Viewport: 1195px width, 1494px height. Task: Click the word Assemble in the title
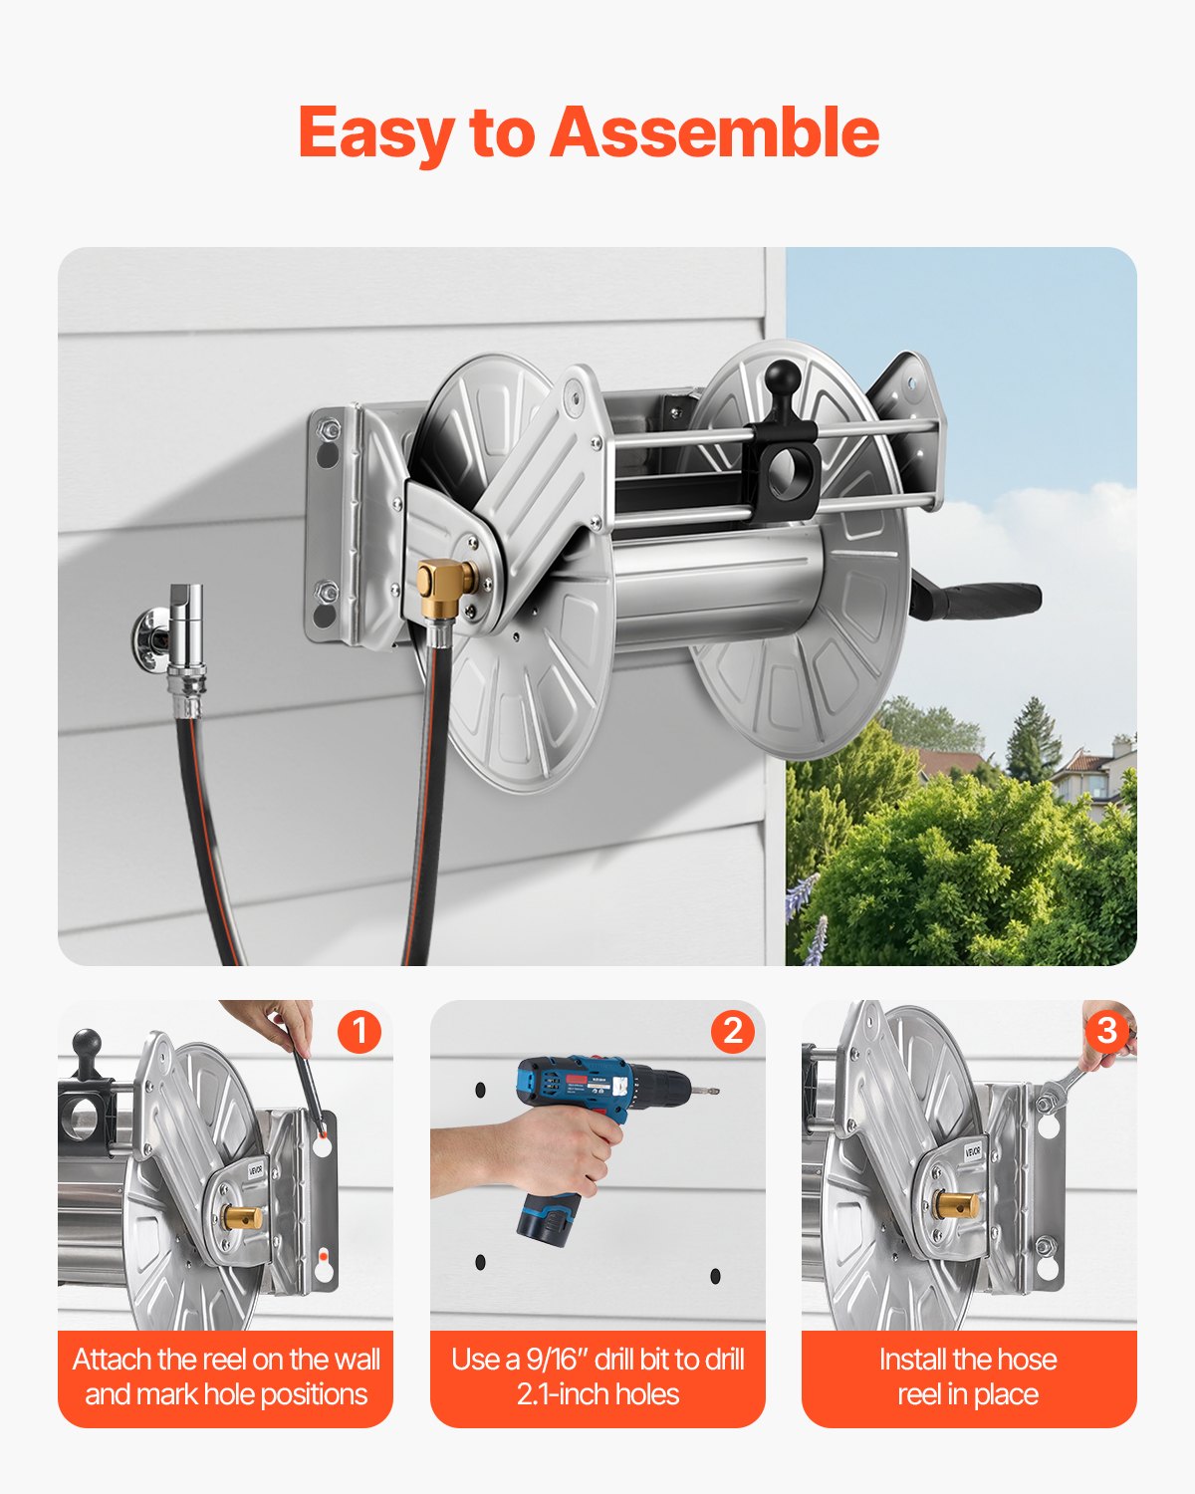(714, 132)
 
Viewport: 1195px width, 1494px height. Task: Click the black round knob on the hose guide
(784, 379)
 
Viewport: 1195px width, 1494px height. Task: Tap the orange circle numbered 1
(358, 1031)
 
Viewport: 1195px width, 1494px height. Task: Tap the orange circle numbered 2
(732, 1031)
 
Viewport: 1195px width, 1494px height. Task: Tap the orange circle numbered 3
(1105, 1031)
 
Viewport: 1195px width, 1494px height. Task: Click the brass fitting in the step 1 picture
(243, 1216)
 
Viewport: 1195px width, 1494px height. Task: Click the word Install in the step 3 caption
(912, 1360)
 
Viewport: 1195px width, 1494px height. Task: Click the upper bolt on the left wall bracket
(326, 431)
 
